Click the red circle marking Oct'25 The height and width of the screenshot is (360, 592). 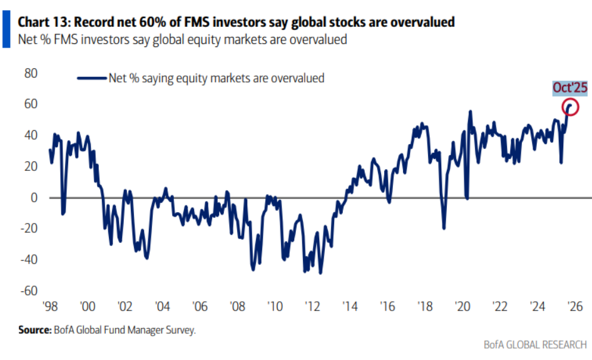(x=569, y=106)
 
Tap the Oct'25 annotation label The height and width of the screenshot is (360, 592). (x=569, y=88)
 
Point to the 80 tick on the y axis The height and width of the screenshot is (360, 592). (x=31, y=73)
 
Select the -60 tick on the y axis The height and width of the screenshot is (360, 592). (x=29, y=291)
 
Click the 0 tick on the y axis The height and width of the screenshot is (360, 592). (x=34, y=198)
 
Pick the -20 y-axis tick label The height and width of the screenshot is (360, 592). (x=29, y=229)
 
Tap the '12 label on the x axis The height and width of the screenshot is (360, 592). (x=312, y=307)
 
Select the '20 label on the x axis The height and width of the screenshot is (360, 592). (x=462, y=307)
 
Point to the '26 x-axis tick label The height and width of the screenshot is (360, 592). (x=574, y=307)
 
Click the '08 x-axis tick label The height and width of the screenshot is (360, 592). (x=237, y=307)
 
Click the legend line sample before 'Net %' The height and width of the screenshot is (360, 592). (x=91, y=78)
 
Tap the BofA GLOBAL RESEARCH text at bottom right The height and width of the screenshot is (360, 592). (x=535, y=346)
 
